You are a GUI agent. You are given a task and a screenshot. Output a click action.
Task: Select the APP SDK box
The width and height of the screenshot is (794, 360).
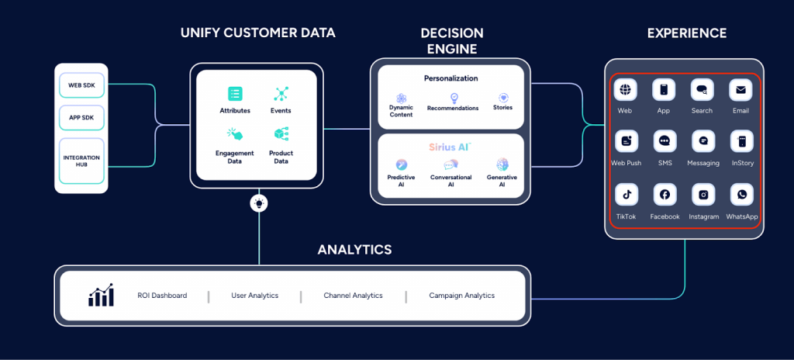pyautogui.click(x=81, y=117)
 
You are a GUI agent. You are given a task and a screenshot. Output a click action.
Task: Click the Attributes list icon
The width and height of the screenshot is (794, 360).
pyautogui.click(x=235, y=94)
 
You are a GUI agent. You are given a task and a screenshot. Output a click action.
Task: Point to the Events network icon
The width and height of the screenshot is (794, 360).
pyautogui.click(x=281, y=94)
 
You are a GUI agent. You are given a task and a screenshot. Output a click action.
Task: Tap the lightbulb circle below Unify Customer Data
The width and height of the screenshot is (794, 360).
pyautogui.click(x=259, y=203)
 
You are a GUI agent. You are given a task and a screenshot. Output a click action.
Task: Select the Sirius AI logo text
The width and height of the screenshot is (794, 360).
pyautogui.click(x=451, y=147)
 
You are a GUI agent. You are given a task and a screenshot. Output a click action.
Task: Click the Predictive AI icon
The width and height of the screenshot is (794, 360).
pyautogui.click(x=401, y=164)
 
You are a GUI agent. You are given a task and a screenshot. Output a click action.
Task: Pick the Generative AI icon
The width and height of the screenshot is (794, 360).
pyautogui.click(x=502, y=164)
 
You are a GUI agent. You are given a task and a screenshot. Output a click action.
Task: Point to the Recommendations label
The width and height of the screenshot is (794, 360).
pyautogui.click(x=453, y=108)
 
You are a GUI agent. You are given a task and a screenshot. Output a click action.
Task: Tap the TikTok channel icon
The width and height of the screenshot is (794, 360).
pyautogui.click(x=626, y=195)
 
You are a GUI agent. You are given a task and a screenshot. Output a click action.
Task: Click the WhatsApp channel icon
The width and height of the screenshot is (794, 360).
pyautogui.click(x=741, y=195)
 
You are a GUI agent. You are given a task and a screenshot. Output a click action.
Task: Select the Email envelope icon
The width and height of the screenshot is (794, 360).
pyautogui.click(x=741, y=90)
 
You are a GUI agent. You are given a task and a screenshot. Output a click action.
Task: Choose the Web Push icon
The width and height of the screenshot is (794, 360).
pyautogui.click(x=626, y=142)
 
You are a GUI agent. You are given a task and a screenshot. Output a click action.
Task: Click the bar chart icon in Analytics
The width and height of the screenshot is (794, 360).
pyautogui.click(x=101, y=295)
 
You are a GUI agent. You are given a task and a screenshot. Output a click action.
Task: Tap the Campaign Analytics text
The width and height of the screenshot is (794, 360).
pyautogui.click(x=461, y=296)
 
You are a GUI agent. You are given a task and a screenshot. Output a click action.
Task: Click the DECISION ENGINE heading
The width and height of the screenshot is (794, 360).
pyautogui.click(x=451, y=41)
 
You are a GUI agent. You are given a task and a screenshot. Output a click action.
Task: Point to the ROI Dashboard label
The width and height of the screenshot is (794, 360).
pyautogui.click(x=161, y=296)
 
